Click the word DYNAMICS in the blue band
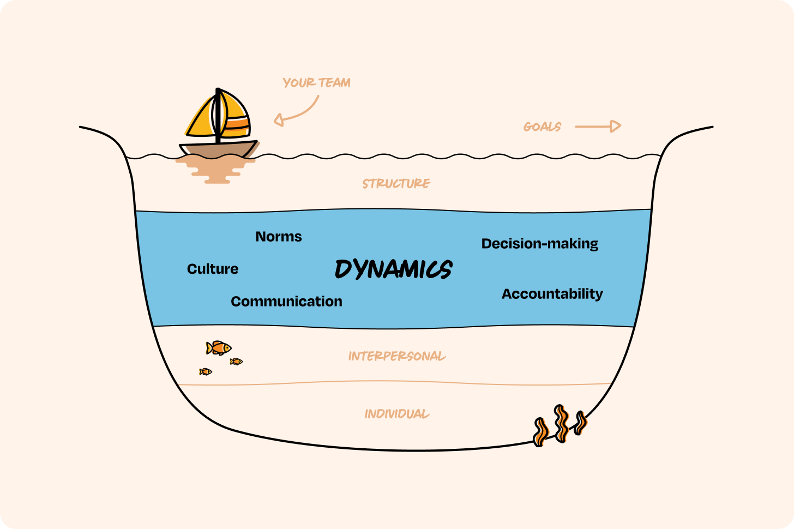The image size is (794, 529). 393,269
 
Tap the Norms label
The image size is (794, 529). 279,237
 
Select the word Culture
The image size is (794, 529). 213,269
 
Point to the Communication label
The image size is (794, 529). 286,302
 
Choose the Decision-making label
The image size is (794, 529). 539,244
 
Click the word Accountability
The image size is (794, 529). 552,294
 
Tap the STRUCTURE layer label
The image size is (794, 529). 396,184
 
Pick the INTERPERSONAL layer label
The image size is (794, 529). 397,357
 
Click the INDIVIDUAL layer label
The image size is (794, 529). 397,414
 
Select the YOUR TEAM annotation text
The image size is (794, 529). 316,83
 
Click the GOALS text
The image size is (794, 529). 542,127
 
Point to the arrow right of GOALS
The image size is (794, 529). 598,127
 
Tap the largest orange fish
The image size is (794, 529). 219,347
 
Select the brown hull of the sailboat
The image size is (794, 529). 218,150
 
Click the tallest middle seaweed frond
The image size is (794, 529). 561,423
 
